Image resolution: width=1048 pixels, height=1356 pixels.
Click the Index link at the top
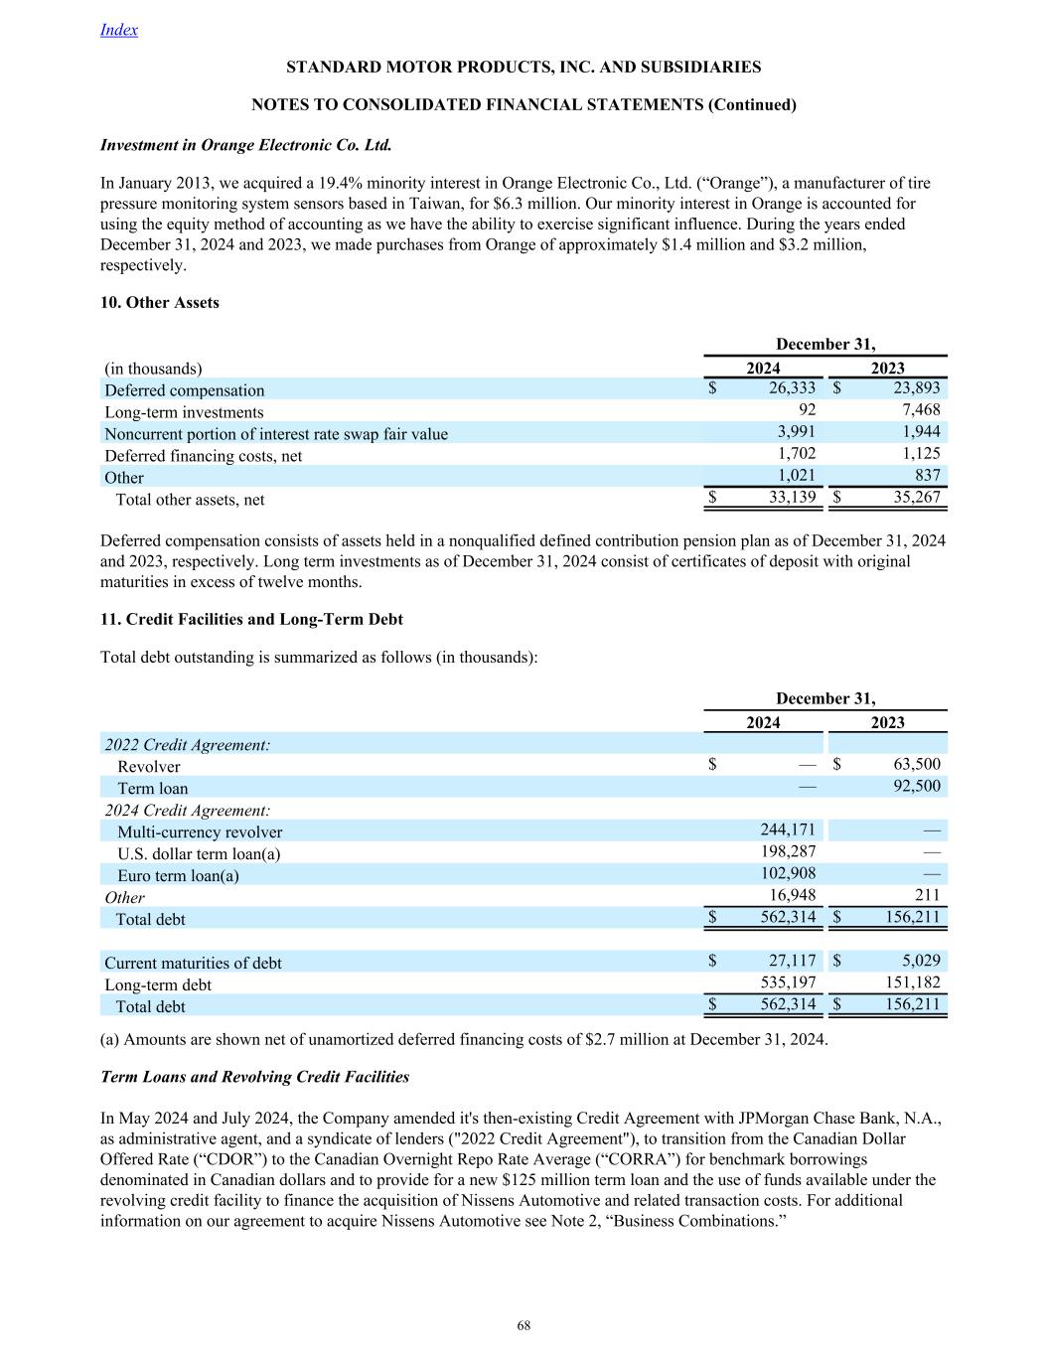click(x=119, y=30)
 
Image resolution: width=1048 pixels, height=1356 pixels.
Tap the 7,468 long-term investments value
click(x=920, y=410)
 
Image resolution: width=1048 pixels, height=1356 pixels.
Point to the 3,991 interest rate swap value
click(x=796, y=432)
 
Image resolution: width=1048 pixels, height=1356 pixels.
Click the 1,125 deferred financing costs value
click(x=920, y=454)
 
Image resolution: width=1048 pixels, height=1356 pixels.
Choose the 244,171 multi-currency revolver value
click(x=788, y=829)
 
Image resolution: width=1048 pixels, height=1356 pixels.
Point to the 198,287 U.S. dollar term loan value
click(x=788, y=851)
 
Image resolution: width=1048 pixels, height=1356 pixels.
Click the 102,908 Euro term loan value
click(x=788, y=873)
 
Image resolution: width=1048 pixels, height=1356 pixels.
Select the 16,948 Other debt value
click(x=792, y=895)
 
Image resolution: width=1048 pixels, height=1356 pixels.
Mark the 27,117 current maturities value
click(x=792, y=961)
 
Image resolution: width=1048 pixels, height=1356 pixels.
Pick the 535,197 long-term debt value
click(x=788, y=982)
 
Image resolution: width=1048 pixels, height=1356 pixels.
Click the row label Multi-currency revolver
click(x=200, y=832)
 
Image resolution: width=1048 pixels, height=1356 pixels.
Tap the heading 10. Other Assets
click(x=160, y=303)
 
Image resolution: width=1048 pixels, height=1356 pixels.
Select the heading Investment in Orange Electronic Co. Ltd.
click(x=246, y=145)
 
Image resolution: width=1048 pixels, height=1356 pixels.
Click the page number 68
click(x=524, y=1326)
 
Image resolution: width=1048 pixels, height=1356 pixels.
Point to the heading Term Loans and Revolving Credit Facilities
click(x=255, y=1077)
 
